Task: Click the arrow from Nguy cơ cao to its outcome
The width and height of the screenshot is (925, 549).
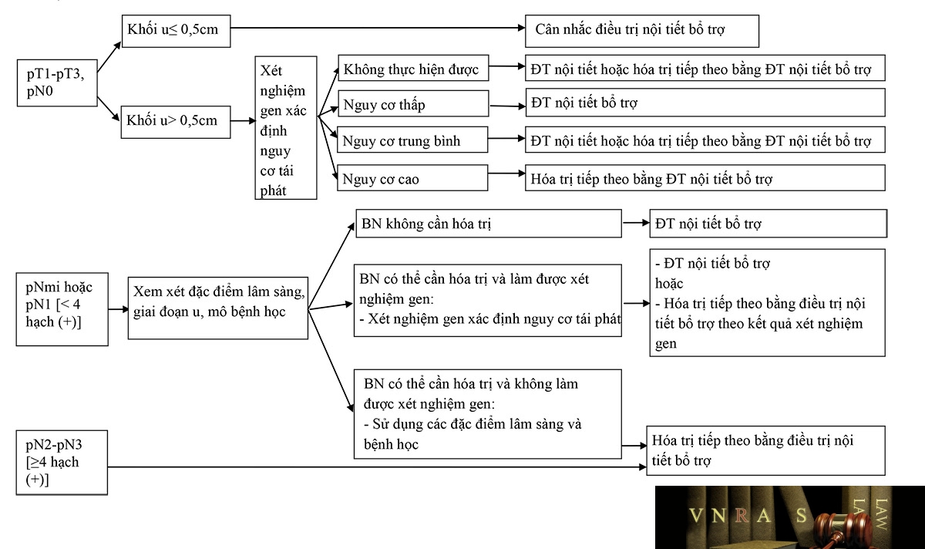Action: (506, 173)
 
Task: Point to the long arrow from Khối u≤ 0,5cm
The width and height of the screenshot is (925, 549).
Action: (378, 28)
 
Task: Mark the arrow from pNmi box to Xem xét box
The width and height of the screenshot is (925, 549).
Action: (118, 309)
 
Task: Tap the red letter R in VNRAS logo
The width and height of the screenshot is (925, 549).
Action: (742, 515)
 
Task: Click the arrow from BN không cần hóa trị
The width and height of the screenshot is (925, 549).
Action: (636, 223)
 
